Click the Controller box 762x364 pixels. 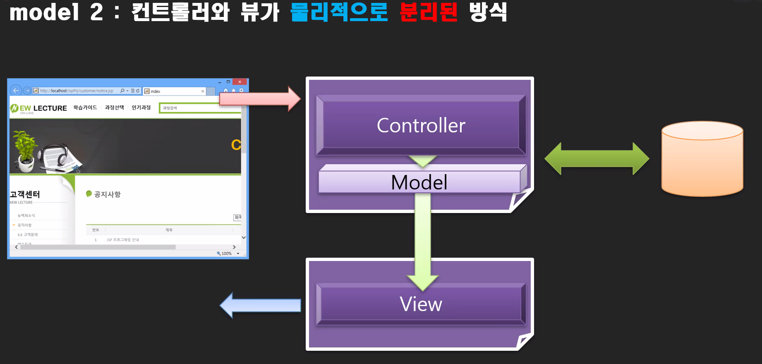point(421,125)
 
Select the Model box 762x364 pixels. point(419,182)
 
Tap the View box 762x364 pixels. point(421,304)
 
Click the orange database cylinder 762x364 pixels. point(702,159)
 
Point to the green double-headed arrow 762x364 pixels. point(597,159)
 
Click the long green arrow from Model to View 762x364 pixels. point(422,236)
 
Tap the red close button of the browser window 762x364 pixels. point(240,82)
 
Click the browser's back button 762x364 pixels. point(16,91)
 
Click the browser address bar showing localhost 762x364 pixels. point(77,91)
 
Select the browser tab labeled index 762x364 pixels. point(174,91)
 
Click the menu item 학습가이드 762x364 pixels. point(85,108)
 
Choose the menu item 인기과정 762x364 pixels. point(141,108)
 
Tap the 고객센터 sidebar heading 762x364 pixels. point(25,194)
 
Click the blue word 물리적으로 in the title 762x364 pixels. point(339,12)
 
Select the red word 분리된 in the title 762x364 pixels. point(428,12)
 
